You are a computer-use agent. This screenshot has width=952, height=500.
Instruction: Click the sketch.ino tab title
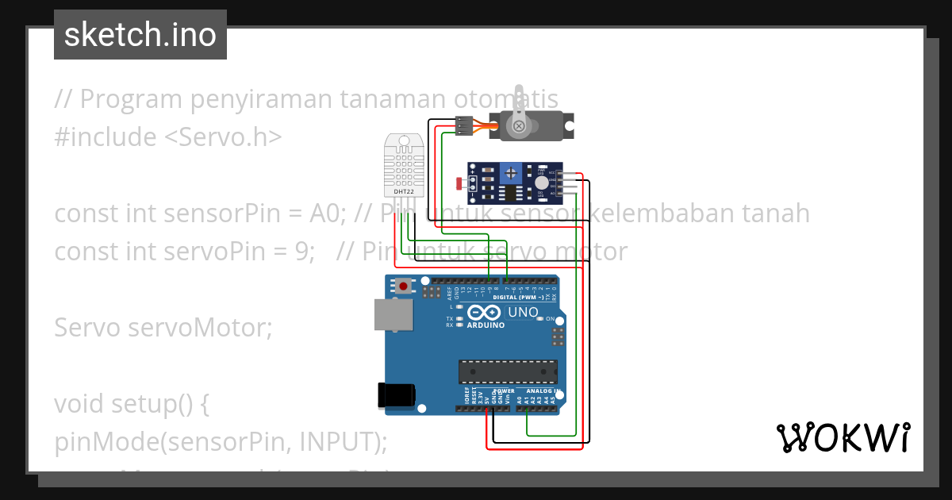(140, 35)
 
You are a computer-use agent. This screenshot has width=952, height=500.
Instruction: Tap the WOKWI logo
(843, 437)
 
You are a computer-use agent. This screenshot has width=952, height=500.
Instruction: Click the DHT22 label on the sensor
(403, 191)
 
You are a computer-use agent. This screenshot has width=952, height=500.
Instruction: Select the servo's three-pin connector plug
(465, 125)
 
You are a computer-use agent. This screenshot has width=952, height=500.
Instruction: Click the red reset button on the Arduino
(404, 286)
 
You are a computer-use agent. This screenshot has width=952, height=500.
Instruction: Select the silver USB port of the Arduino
(394, 315)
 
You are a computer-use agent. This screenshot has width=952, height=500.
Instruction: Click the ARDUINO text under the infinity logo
(486, 325)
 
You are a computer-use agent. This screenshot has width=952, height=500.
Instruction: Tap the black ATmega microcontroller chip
(508, 371)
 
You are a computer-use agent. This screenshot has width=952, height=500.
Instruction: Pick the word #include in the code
(106, 137)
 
